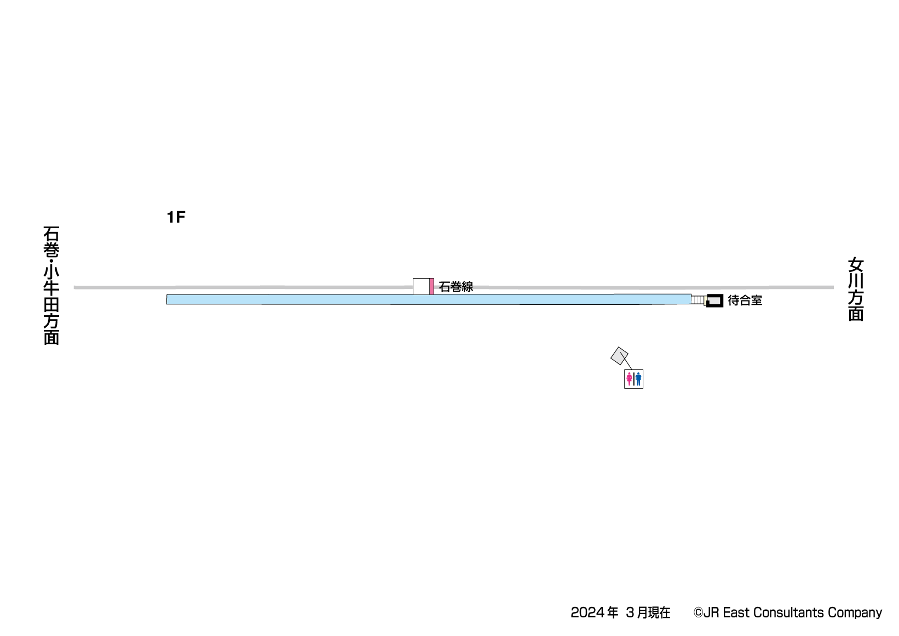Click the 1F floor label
176,217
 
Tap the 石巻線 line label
456,286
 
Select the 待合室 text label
745,300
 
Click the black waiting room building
714,300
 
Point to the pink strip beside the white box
431,286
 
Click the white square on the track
421,286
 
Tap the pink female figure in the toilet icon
629,379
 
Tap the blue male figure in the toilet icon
638,379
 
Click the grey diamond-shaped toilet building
619,356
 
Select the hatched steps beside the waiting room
698,300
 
